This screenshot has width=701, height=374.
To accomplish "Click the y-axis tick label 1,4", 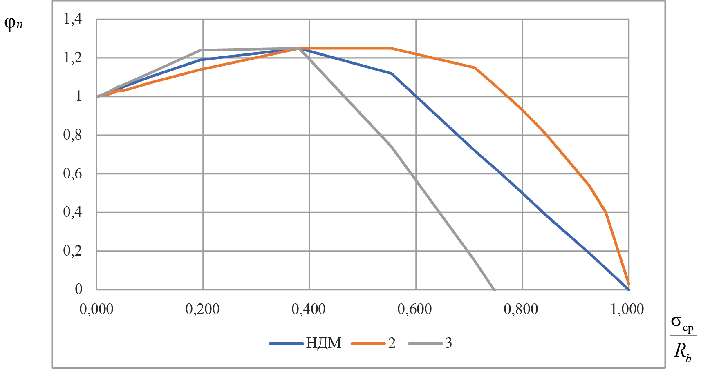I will tap(72, 19).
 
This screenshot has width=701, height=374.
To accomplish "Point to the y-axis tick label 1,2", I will tap(72, 58).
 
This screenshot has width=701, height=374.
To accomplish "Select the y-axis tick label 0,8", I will tap(72, 135).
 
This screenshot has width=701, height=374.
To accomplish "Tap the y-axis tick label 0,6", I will tap(72, 174).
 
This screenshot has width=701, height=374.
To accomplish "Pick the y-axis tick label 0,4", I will tap(72, 212).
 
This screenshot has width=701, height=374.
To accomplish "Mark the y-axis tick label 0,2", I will tap(72, 251).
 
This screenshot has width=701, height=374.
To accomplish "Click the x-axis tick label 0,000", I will tap(96, 309).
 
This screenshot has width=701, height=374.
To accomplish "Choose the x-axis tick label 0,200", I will tap(202, 309).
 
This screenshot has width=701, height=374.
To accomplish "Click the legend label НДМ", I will tap(323, 343).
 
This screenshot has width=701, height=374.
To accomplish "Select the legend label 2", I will tap(392, 343).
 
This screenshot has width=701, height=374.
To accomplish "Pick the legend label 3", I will tap(448, 343).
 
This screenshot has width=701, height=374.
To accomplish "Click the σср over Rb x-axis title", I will tap(683, 338).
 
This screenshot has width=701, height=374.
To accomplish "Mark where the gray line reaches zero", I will tap(495, 289).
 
